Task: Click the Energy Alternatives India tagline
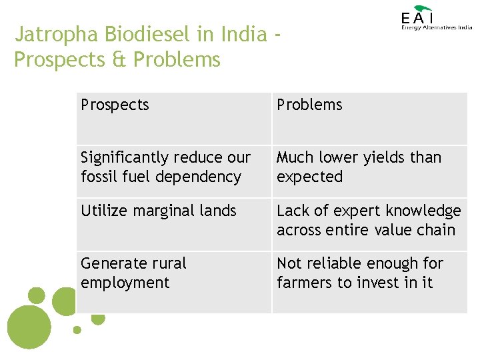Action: (x=436, y=28)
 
